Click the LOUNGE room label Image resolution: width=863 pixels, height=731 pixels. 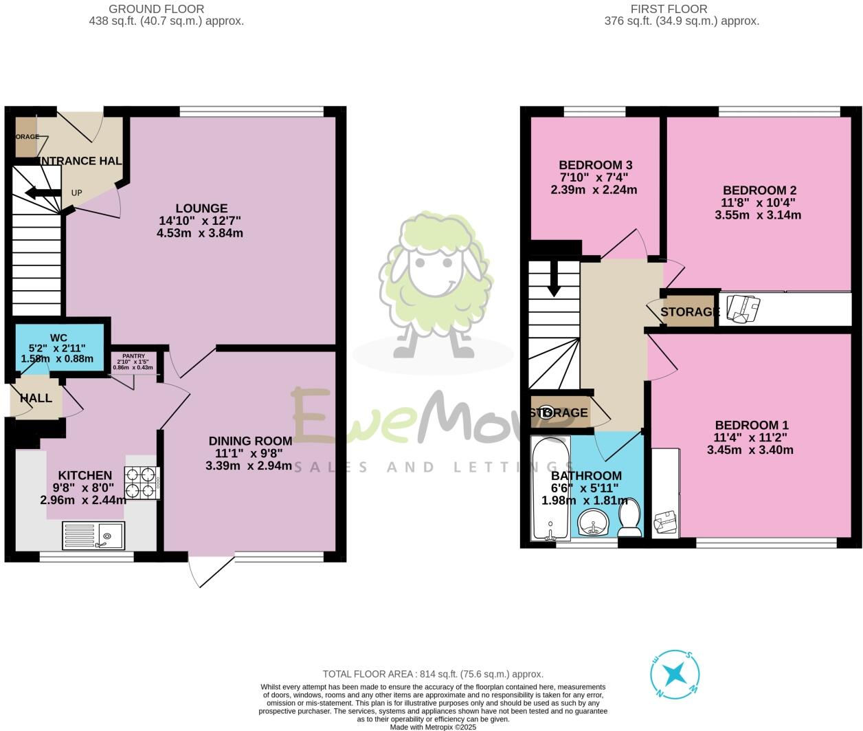pyautogui.click(x=201, y=208)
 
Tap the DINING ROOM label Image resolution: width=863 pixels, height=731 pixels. pyautogui.click(x=250, y=441)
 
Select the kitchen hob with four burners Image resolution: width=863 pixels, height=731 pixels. pyautogui.click(x=142, y=482)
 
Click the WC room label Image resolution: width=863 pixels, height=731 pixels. pyautogui.click(x=58, y=338)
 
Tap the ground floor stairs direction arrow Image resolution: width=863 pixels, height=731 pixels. pyautogui.click(x=43, y=193)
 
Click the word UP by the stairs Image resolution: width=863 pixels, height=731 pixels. pyautogui.click(x=76, y=193)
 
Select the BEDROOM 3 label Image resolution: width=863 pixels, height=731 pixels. pyautogui.click(x=595, y=165)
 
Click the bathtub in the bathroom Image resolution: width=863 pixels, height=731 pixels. pyautogui.click(x=550, y=488)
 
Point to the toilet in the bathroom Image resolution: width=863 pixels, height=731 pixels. pyautogui.click(x=629, y=519)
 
